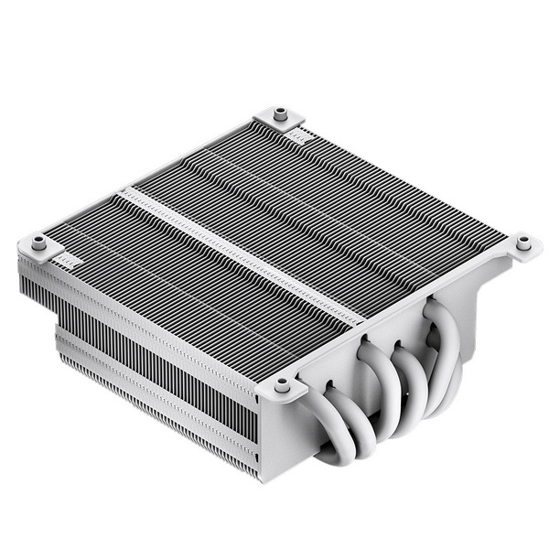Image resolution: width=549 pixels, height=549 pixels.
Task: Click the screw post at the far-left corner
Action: (x=38, y=243)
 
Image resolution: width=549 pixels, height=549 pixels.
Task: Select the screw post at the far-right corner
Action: (x=522, y=242)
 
